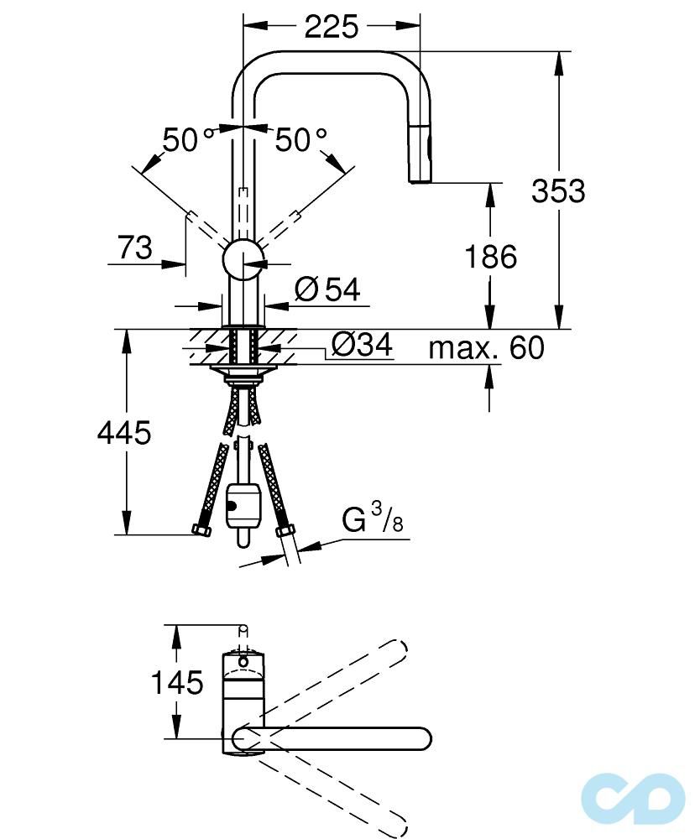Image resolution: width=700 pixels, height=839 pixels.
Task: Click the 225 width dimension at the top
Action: (331, 28)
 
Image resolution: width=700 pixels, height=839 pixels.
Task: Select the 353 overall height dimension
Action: (558, 191)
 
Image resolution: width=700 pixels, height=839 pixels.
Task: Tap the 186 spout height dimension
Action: (491, 257)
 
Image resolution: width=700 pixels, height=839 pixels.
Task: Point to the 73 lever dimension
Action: (134, 248)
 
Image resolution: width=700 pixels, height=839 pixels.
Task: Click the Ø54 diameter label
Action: (327, 289)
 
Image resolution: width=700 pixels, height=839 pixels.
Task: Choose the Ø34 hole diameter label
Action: (362, 345)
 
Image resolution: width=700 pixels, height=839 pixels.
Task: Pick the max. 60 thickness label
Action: (486, 347)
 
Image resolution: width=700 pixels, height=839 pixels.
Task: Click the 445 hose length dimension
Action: (124, 433)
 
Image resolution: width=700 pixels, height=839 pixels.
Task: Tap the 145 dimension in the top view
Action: (177, 683)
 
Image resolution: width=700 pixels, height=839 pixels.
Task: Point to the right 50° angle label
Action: (300, 140)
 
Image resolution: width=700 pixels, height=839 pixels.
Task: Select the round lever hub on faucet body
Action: (244, 258)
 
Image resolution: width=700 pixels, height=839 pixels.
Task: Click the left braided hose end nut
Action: (201, 530)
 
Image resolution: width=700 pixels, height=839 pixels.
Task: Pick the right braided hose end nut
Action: (285, 530)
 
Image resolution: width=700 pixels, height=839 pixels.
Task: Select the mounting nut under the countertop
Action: (244, 372)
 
